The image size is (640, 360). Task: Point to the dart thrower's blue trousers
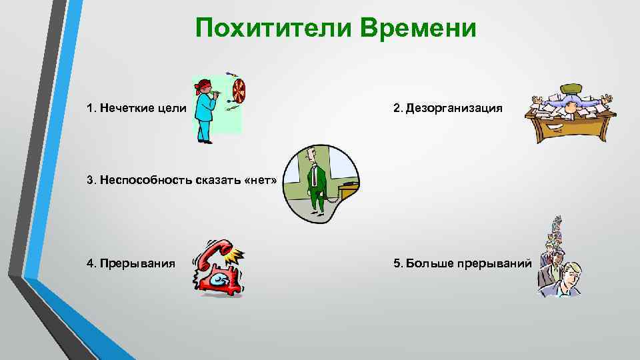pos(203,128)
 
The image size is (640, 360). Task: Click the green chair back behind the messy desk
pos(571,89)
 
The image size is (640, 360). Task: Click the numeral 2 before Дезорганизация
pos(396,108)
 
